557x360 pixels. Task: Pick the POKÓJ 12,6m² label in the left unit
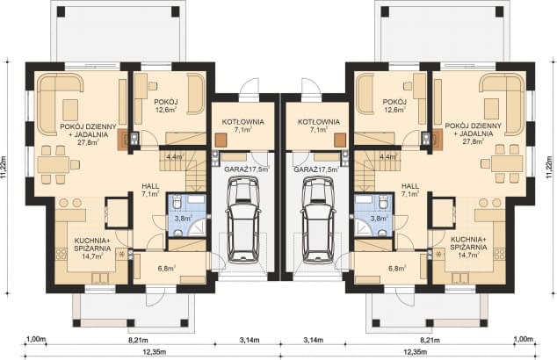[x=166, y=105]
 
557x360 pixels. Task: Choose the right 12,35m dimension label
[x=423, y=353]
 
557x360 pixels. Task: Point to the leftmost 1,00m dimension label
[x=36, y=338]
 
